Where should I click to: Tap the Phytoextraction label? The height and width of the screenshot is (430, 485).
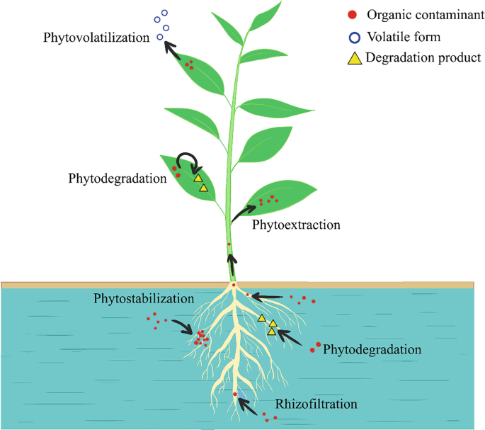pos(296,225)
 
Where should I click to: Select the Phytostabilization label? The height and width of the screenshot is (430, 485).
pos(144,298)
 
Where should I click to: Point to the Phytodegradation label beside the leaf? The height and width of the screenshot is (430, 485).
pos(118,177)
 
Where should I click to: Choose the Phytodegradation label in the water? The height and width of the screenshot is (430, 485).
pos(372,349)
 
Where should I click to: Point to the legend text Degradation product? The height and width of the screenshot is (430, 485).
pos(423,58)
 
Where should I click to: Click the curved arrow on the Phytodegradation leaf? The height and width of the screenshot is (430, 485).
pos(188,160)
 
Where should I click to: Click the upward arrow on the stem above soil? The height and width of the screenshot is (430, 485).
pos(231,268)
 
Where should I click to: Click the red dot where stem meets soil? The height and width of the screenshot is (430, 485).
pos(233,285)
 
